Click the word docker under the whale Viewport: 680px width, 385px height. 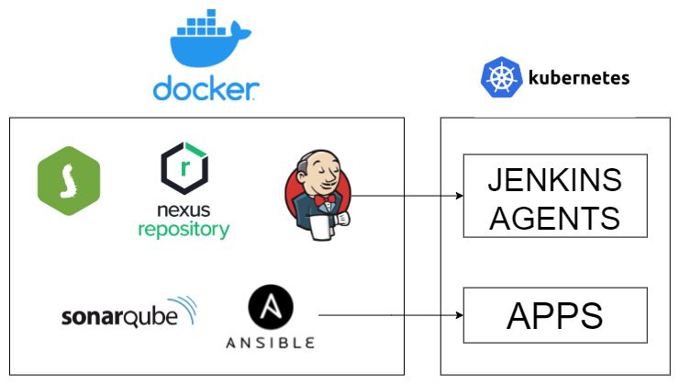click(x=206, y=88)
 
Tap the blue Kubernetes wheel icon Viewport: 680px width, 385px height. click(x=500, y=77)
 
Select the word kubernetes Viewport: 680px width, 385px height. click(x=578, y=77)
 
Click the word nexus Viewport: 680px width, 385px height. click(x=183, y=208)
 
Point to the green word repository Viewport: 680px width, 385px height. click(x=184, y=229)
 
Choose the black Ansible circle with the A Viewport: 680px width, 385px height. click(x=272, y=310)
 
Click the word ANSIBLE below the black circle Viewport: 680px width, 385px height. click(x=272, y=343)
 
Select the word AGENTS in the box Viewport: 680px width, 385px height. click(x=555, y=218)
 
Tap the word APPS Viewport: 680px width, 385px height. click(x=555, y=316)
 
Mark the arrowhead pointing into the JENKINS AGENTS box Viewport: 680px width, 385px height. click(x=458, y=195)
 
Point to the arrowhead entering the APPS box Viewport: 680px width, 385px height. click(x=458, y=315)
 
